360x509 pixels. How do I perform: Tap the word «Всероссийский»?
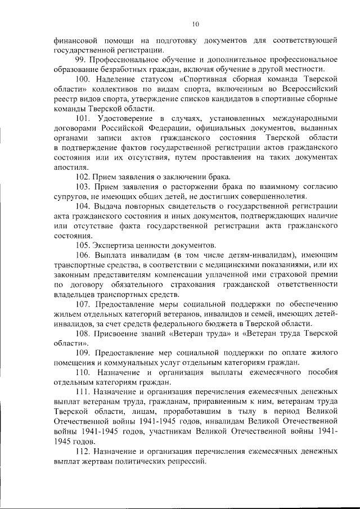click(x=310, y=89)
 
